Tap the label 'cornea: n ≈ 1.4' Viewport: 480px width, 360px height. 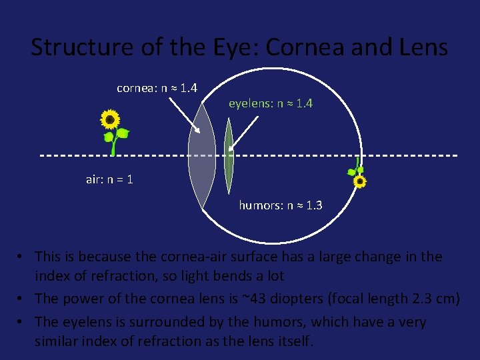click(157, 88)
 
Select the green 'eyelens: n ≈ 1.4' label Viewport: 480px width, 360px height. click(271, 103)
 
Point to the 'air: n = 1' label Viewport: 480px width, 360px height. click(109, 179)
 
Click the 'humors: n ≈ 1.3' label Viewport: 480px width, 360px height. click(280, 205)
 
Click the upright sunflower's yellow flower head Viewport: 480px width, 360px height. click(110, 119)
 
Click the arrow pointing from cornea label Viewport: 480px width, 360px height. click(186, 113)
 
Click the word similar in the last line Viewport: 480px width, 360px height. click(59, 341)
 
